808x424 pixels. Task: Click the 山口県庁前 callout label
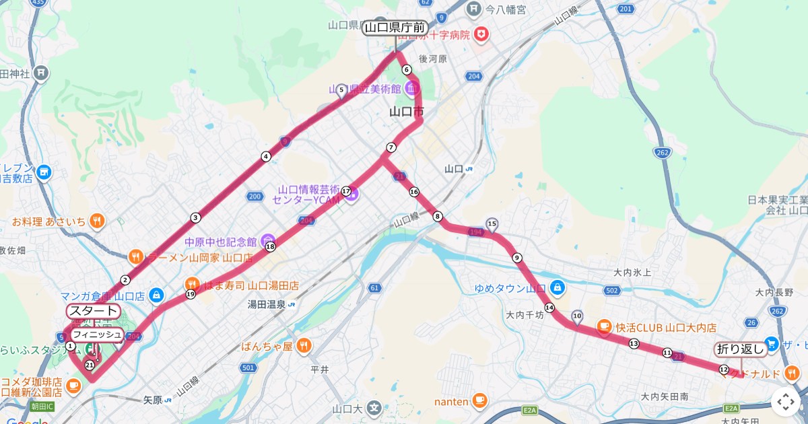coord(395,28)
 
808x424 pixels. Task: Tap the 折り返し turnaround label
coord(741,349)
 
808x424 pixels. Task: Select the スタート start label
coord(94,311)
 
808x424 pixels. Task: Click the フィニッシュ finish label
coord(97,334)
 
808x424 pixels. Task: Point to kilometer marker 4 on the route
coord(266,157)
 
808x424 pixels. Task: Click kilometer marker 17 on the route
coord(346,191)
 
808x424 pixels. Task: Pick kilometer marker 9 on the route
coord(517,258)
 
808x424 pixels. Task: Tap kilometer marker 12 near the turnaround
coord(723,369)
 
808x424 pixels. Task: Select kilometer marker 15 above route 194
coord(492,223)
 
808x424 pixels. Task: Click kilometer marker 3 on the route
coord(195,217)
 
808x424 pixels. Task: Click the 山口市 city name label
coord(407,112)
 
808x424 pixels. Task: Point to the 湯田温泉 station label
coord(267,304)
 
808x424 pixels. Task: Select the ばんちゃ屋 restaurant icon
coord(304,346)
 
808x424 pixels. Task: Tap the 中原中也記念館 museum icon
coord(268,241)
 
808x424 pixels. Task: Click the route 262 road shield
coord(663,153)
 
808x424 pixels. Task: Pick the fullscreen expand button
coord(786,402)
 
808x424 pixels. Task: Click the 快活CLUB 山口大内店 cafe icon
coord(604,327)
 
